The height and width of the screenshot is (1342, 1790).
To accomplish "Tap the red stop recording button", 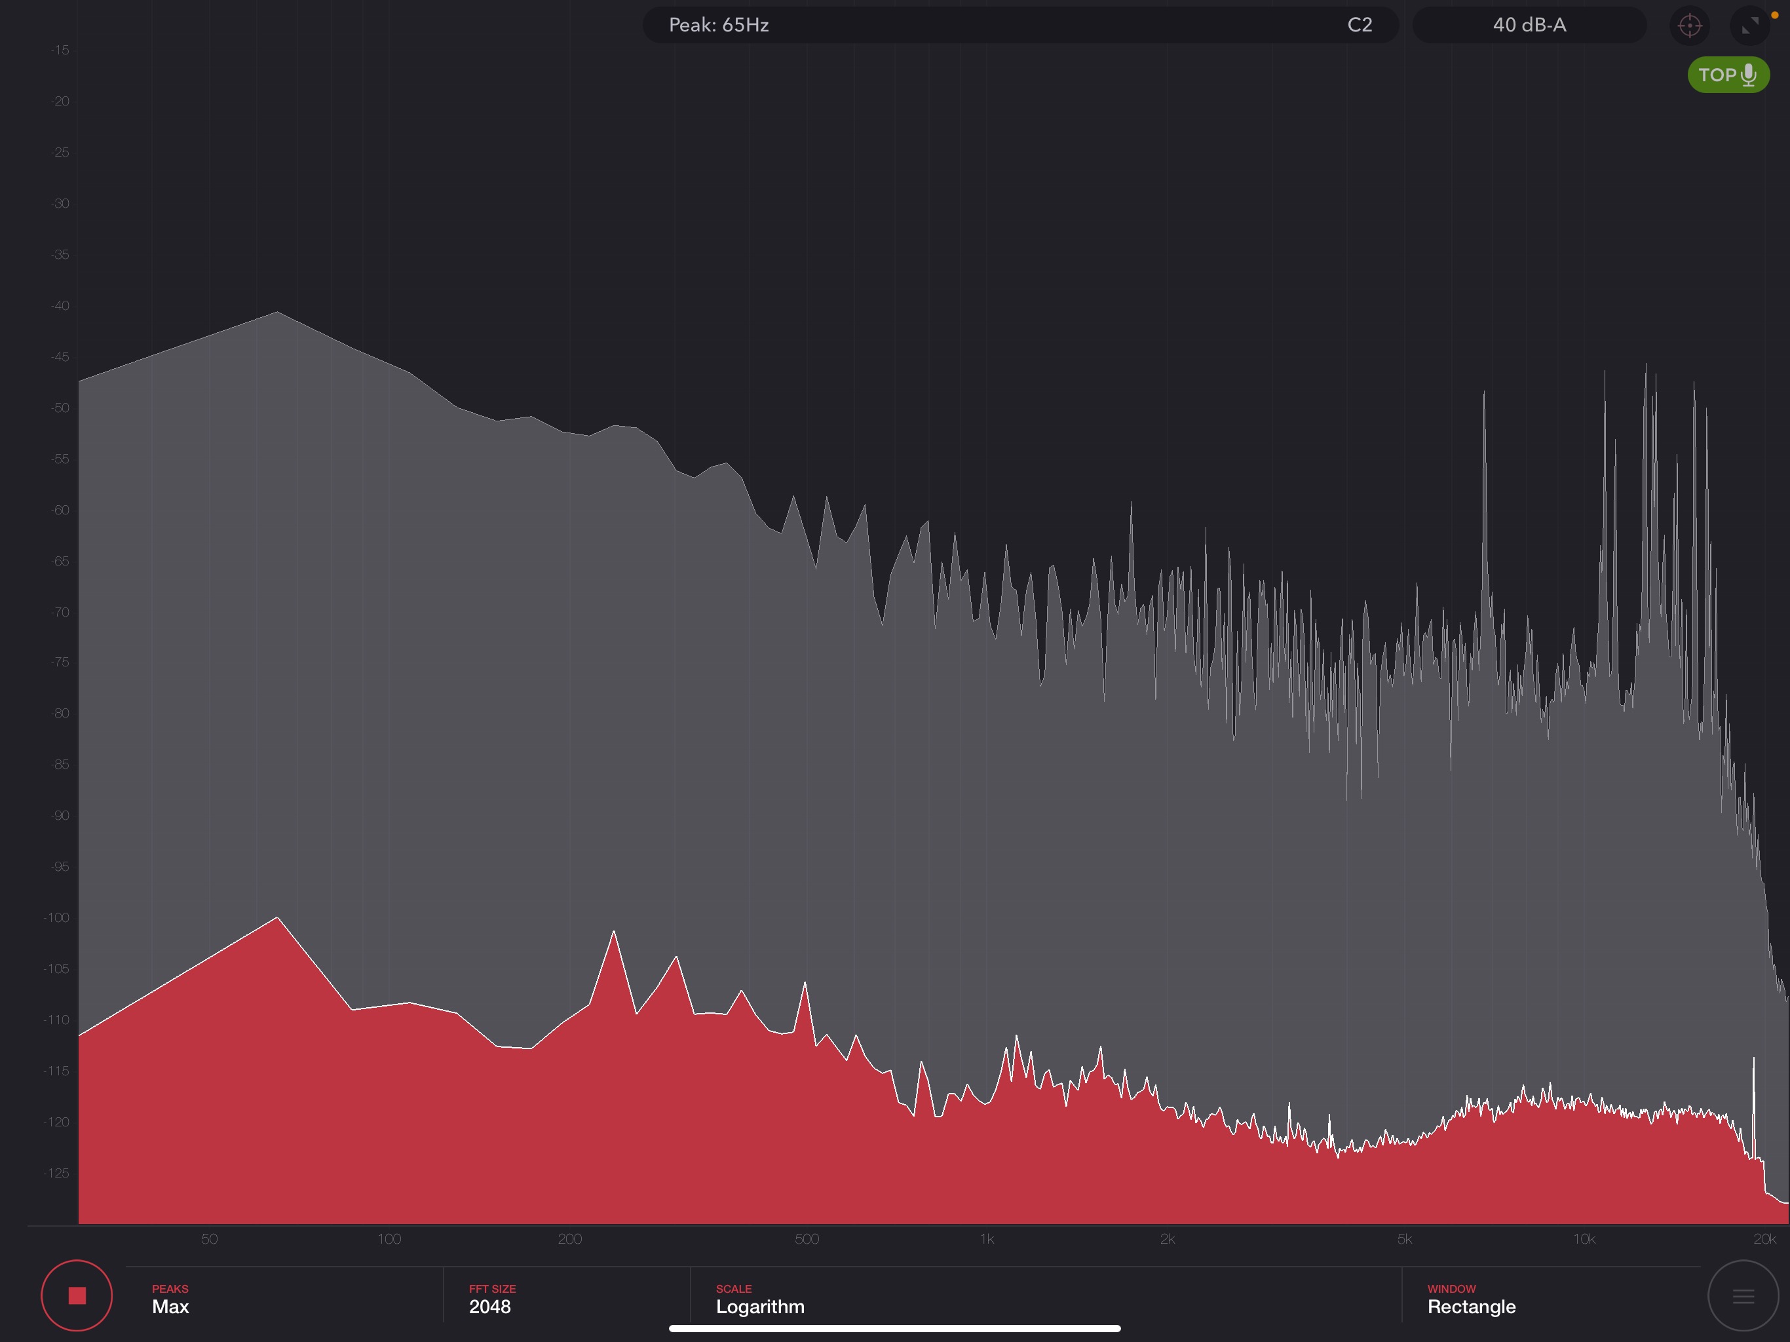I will click(x=77, y=1296).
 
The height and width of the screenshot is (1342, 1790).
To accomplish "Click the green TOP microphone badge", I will click(x=1728, y=75).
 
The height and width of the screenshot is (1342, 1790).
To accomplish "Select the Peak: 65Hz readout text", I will click(x=719, y=25).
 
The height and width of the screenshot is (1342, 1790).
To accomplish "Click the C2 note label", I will click(x=1360, y=25).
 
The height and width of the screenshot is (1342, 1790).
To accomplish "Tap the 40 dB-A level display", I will click(x=1529, y=25).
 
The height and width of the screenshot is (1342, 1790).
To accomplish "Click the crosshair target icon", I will click(x=1690, y=26).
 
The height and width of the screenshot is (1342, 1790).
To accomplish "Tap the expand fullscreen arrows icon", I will click(x=1749, y=26).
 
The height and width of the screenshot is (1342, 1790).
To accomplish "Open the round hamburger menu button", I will click(x=1743, y=1296).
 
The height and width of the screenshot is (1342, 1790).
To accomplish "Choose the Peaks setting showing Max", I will click(x=171, y=1299).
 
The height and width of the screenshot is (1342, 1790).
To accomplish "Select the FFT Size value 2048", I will click(x=490, y=1299).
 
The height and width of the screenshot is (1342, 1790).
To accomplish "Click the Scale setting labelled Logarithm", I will click(x=760, y=1299).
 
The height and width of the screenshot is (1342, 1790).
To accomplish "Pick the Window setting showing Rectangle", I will click(x=1471, y=1299).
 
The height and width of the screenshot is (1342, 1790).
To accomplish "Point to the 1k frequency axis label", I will click(x=987, y=1239).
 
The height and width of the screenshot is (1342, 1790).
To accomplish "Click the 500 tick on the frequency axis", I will click(x=807, y=1239).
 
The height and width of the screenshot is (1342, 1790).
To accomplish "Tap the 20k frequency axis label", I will click(x=1765, y=1239).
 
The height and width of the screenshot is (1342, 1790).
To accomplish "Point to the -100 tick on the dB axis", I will click(x=56, y=918).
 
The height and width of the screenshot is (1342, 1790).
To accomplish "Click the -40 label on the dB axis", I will click(x=60, y=306).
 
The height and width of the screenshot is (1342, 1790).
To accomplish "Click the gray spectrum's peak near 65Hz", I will click(x=278, y=313).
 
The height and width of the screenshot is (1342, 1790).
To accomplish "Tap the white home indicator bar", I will click(x=894, y=1328).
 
